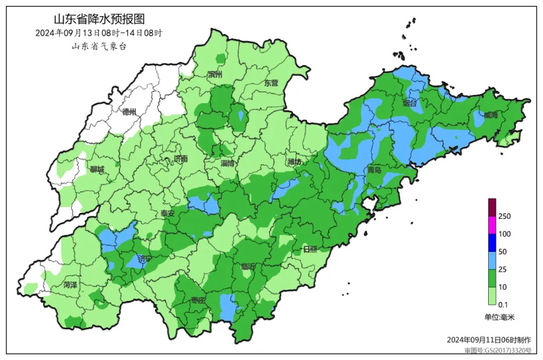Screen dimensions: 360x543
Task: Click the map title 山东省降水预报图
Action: [x=99, y=19]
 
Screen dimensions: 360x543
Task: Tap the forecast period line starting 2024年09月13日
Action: [x=99, y=33]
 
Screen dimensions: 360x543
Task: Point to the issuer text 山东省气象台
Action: [x=99, y=46]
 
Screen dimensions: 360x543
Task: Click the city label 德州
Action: [x=129, y=112]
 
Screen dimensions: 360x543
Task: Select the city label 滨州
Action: [x=215, y=75]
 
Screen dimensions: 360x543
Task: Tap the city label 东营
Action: [x=271, y=83]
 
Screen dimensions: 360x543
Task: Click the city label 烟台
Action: [x=410, y=103]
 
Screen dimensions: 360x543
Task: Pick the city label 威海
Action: [x=491, y=115]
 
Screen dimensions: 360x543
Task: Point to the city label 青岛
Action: [x=375, y=170]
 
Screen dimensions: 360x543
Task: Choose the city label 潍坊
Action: [x=295, y=162]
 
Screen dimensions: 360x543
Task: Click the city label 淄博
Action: [x=228, y=163]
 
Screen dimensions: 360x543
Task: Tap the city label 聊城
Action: [x=97, y=169]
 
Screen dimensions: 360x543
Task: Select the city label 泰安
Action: [x=167, y=213]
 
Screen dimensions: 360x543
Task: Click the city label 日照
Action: [x=310, y=249]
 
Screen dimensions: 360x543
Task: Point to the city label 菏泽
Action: [x=70, y=285]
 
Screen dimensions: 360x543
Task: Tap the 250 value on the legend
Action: [x=504, y=216]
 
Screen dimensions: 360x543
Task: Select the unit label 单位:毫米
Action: [x=500, y=317]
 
